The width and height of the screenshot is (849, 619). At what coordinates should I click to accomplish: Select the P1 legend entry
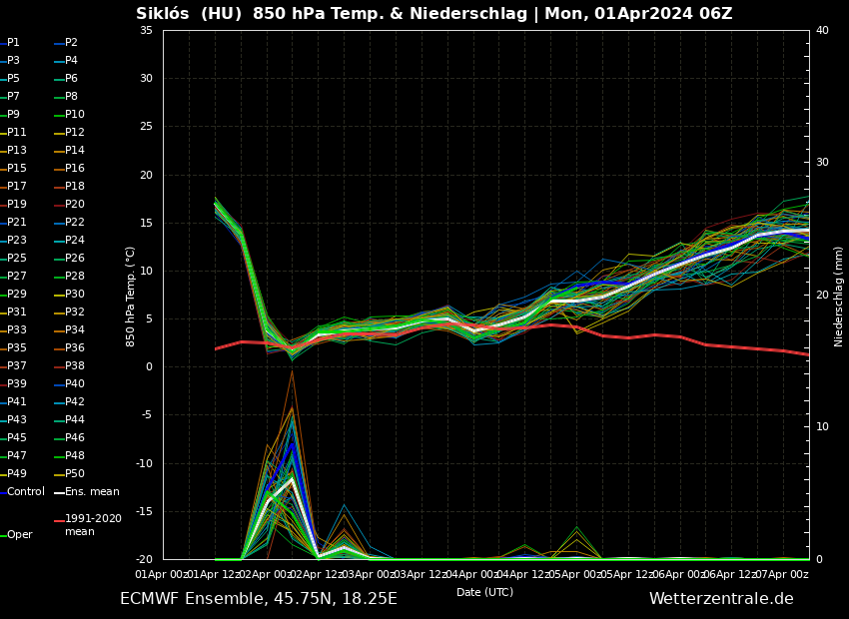pyautogui.click(x=13, y=43)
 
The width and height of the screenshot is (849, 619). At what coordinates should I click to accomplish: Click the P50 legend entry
pyautogui.click(x=75, y=474)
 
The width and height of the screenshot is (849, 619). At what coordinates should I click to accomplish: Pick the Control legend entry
pyautogui.click(x=26, y=492)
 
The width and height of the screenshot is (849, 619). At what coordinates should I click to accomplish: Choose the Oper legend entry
pyautogui.click(x=20, y=535)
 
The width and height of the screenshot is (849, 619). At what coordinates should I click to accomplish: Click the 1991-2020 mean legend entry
pyautogui.click(x=93, y=525)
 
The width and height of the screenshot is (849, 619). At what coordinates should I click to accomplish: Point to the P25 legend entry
pyautogui.click(x=17, y=259)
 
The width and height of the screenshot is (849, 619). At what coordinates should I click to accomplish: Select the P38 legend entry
pyautogui.click(x=75, y=366)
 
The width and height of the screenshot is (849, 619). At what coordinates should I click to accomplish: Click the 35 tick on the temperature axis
pyautogui.click(x=146, y=31)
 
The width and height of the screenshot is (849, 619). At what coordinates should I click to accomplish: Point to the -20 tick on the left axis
pyautogui.click(x=144, y=560)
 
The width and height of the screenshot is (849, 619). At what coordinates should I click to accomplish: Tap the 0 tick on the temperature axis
pyautogui.click(x=149, y=367)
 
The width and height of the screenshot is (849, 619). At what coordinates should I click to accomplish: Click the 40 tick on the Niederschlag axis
pyautogui.click(x=822, y=31)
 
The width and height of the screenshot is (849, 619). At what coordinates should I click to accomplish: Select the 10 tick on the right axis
pyautogui.click(x=822, y=427)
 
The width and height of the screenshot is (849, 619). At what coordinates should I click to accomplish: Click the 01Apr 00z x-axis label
pyautogui.click(x=162, y=575)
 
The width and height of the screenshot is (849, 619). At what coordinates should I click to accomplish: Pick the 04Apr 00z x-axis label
pyautogui.click(x=473, y=575)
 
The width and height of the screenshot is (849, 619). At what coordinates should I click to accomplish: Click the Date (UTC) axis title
pyautogui.click(x=484, y=593)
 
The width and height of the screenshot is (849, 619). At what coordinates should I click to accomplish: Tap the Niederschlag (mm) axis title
pyautogui.click(x=839, y=296)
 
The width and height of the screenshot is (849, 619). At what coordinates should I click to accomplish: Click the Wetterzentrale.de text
pyautogui.click(x=721, y=599)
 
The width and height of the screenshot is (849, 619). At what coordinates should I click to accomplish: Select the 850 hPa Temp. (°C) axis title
pyautogui.click(x=131, y=296)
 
